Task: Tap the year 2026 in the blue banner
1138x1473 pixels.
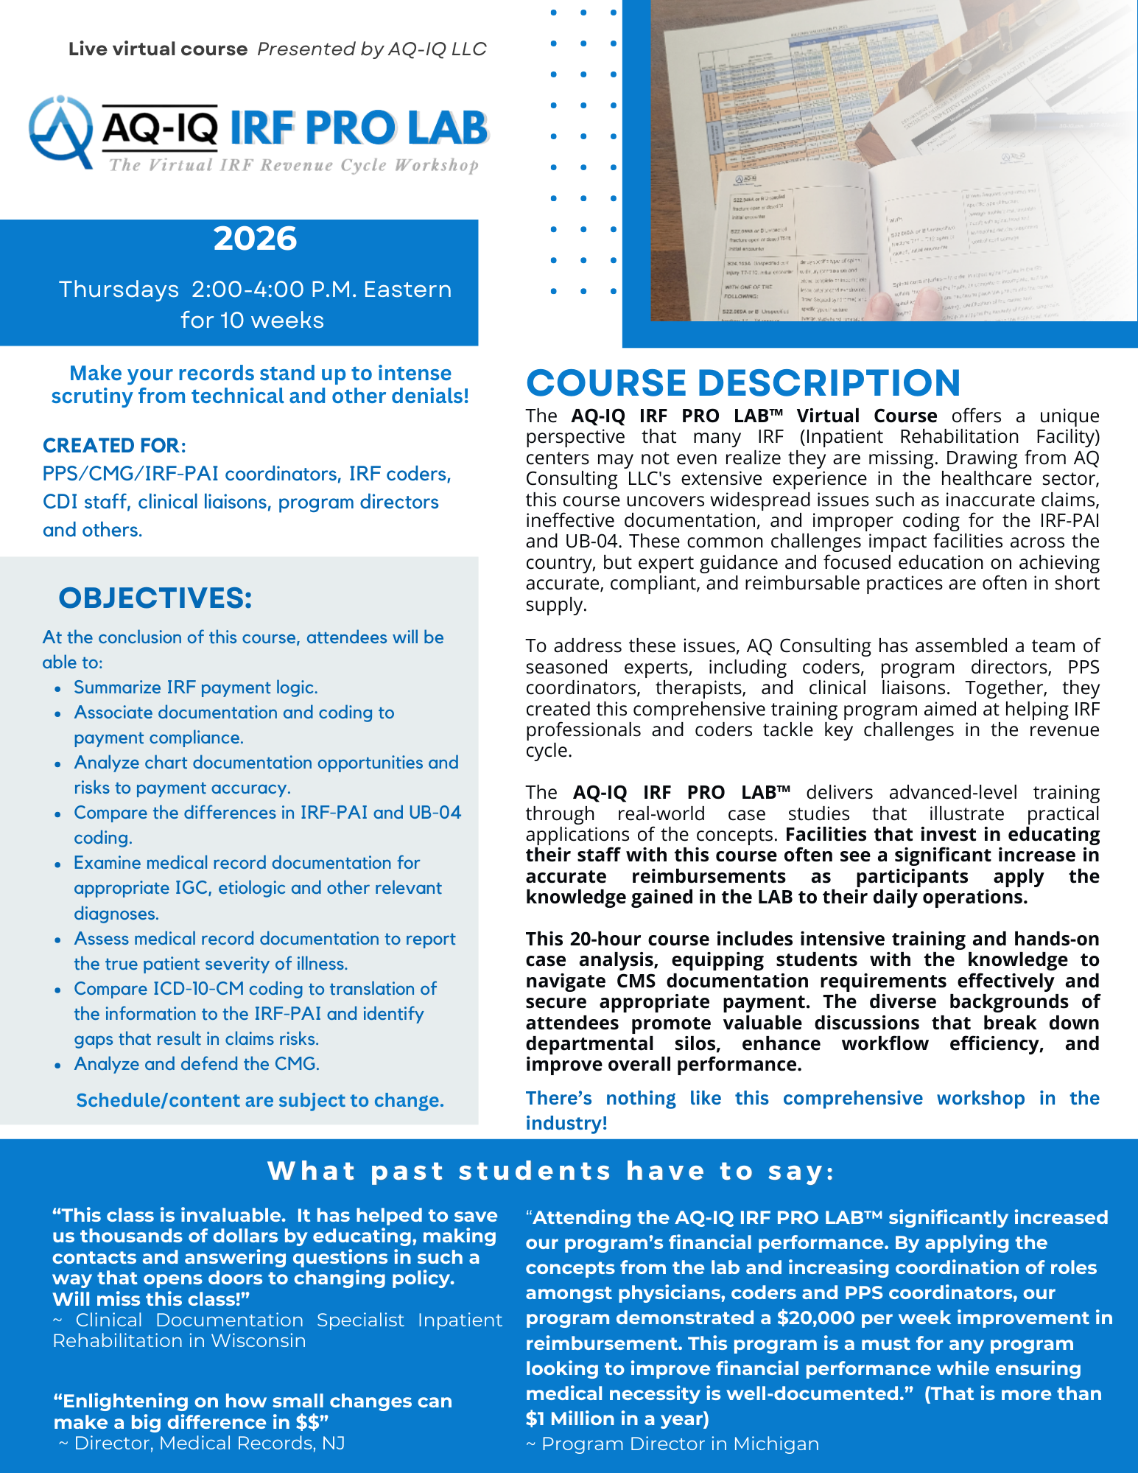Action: pos(255,239)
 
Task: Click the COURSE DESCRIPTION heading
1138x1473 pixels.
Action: pos(742,383)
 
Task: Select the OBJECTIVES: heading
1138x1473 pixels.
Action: pos(155,598)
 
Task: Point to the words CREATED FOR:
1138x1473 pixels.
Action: pos(114,445)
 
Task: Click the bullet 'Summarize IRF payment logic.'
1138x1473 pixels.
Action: pos(196,687)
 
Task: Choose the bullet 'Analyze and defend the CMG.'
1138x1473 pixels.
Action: pos(197,1064)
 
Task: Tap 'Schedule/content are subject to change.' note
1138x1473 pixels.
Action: pos(260,1100)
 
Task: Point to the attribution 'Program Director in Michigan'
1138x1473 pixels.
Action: pos(680,1444)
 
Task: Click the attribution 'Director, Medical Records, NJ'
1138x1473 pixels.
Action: pos(209,1443)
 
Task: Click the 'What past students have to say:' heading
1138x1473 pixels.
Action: pos(551,1171)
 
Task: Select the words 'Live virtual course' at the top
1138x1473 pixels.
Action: pos(158,49)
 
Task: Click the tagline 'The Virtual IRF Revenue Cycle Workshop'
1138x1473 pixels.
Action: pos(294,165)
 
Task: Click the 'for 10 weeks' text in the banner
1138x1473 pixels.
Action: pos(252,320)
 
